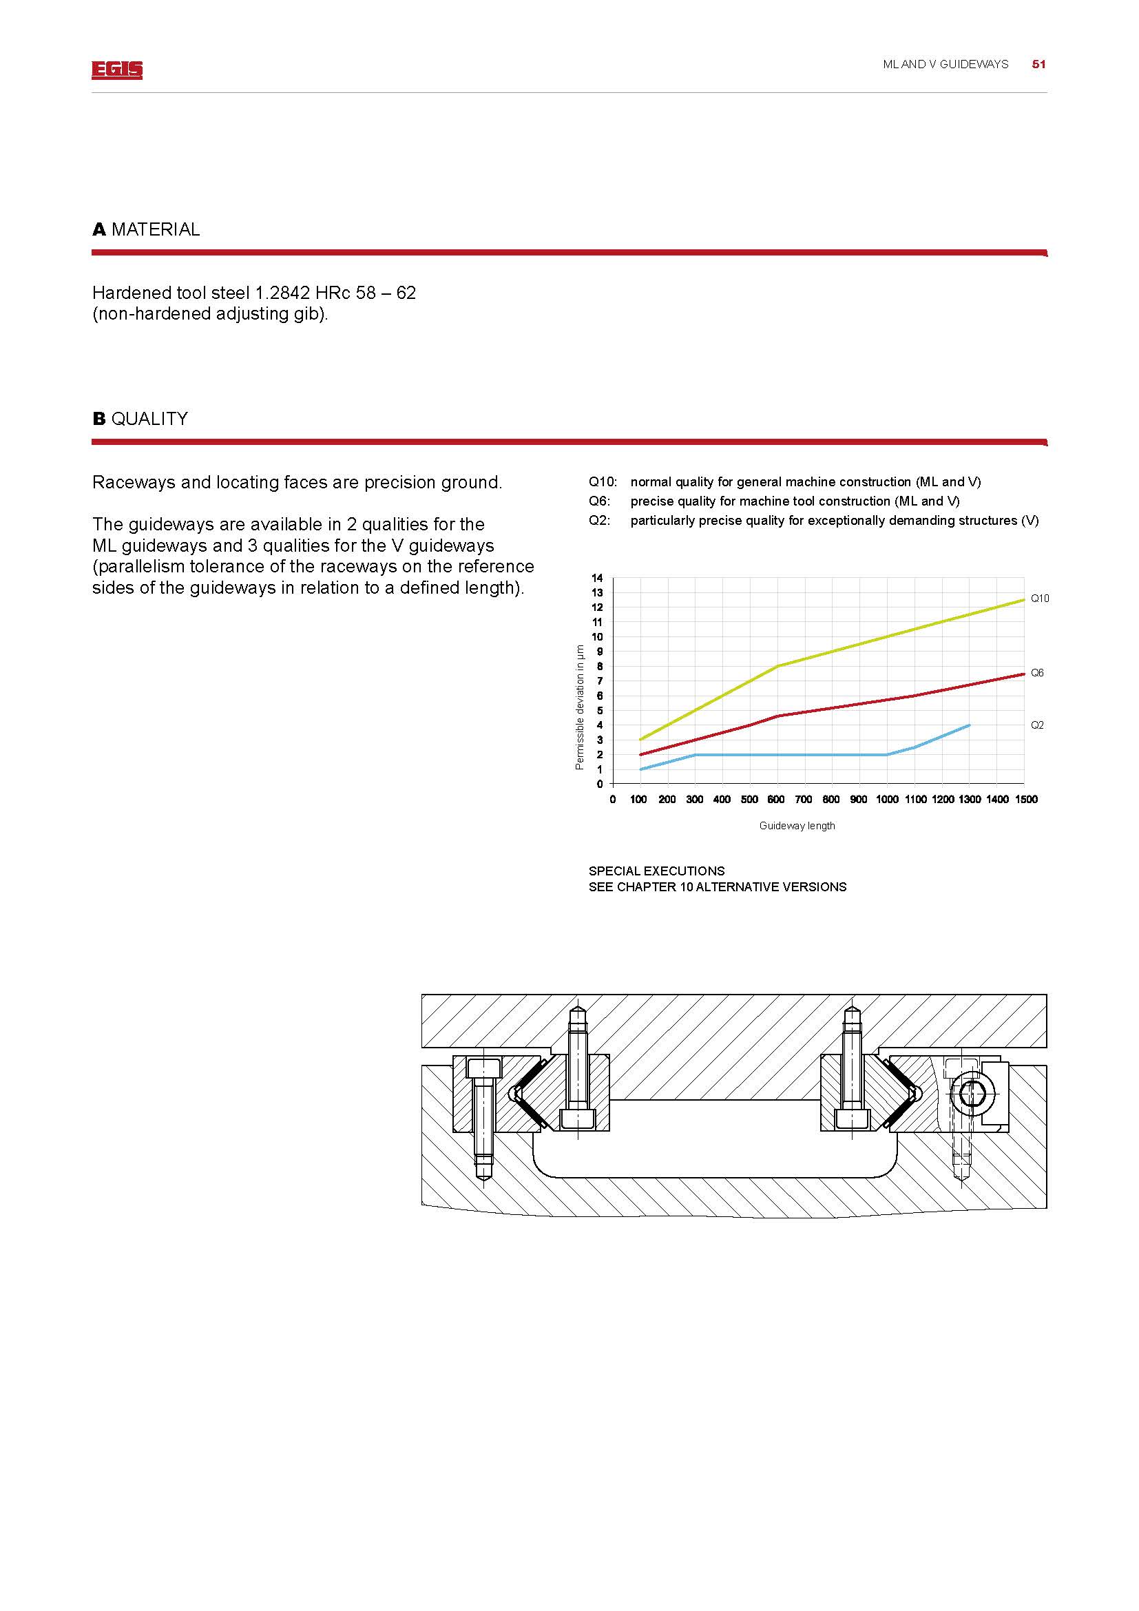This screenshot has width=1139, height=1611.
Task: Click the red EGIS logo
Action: coord(116,70)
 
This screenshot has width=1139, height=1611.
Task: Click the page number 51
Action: coord(1038,65)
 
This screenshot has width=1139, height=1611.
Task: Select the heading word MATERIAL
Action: coord(155,229)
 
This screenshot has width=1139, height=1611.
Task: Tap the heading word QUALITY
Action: coord(149,419)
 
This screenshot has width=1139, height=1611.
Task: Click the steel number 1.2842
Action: coord(282,293)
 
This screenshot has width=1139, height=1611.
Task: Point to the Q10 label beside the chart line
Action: coord(1039,599)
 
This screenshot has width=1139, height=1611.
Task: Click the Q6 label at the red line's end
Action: coord(1036,673)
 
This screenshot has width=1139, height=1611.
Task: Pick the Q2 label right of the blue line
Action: coord(1036,725)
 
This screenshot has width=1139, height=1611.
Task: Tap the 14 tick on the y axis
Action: coord(597,578)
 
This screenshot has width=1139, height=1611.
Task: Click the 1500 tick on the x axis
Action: coord(1025,799)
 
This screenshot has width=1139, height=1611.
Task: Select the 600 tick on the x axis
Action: coord(775,799)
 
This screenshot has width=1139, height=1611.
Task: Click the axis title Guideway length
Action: coord(797,826)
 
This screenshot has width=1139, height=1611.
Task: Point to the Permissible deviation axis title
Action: coord(579,707)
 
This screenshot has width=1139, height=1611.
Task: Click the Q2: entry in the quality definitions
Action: coord(600,521)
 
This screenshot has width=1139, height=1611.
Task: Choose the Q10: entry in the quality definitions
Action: coord(603,482)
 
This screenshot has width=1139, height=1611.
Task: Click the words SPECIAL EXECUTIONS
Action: coord(656,871)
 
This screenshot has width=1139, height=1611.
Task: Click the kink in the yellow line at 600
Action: coord(777,666)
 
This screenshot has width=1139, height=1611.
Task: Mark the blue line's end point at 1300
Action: coord(970,725)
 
